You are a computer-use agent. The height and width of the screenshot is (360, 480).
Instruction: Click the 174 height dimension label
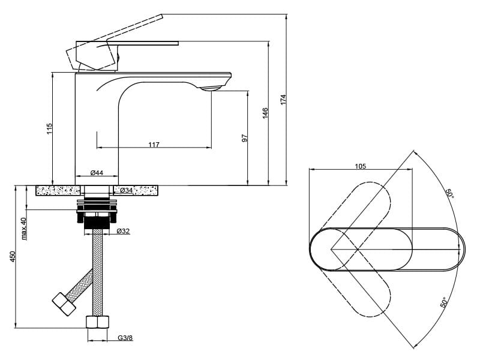point(283,100)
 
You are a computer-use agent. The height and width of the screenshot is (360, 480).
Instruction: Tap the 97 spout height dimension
point(244,138)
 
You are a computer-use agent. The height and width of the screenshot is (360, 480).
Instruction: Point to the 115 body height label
point(50,128)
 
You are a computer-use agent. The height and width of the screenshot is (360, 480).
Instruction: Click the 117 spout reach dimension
point(154,145)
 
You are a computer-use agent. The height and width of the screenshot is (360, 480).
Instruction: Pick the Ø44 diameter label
point(97,173)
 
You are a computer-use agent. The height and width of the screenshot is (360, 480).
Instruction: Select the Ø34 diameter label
point(126,190)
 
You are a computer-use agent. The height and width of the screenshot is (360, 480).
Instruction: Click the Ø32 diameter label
point(123,230)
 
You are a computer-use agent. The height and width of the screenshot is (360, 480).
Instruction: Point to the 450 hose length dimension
point(13,257)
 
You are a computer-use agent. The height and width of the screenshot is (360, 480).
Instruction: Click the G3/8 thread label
point(125,338)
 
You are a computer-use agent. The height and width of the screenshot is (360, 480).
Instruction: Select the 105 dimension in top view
point(360,166)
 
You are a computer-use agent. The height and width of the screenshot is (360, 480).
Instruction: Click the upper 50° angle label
point(449,193)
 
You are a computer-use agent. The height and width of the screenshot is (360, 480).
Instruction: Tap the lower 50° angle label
point(444,302)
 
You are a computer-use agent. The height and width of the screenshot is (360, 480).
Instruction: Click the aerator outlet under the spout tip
point(211,89)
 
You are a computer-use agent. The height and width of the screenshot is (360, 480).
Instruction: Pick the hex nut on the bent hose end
point(65,304)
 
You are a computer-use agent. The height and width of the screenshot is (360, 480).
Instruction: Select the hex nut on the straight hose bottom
point(97,322)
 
